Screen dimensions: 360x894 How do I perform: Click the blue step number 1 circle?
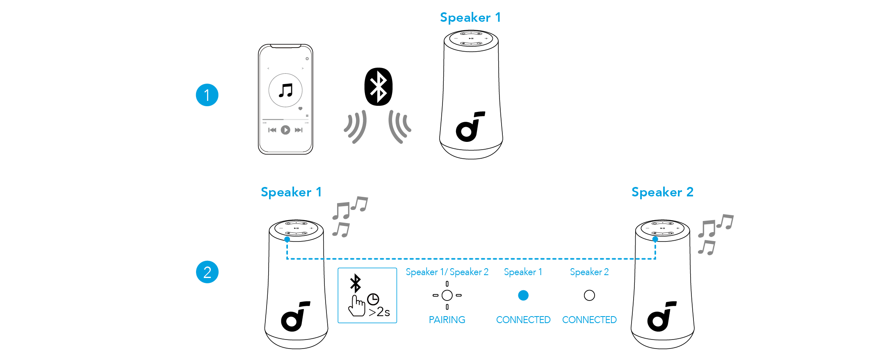[207, 95]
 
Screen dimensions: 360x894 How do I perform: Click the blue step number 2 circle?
[207, 272]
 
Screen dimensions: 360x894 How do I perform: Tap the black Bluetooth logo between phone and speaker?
[379, 87]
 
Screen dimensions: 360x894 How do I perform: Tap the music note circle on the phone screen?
[285, 90]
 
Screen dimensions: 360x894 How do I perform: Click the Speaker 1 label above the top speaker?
[470, 18]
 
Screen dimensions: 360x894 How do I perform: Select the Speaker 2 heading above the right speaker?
[662, 192]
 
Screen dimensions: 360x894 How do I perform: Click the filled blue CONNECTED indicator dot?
[523, 295]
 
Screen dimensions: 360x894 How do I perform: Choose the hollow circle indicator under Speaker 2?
[589, 295]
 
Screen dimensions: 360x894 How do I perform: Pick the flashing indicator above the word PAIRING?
[447, 295]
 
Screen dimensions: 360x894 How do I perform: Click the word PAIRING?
[447, 320]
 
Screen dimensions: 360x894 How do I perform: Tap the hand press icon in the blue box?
[356, 306]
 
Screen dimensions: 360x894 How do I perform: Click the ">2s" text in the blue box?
[379, 312]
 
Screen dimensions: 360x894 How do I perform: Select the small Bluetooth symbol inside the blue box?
[355, 283]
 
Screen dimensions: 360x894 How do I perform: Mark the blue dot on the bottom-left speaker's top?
[287, 239]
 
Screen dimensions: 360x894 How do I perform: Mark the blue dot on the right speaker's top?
[655, 239]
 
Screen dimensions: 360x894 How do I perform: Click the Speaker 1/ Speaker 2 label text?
[447, 272]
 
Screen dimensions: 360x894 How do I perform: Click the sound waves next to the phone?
[355, 127]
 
